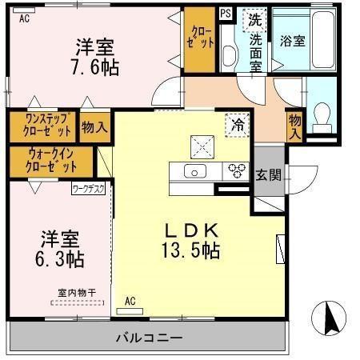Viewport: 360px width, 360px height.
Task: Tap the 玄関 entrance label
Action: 267,175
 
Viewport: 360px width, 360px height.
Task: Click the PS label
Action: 226,13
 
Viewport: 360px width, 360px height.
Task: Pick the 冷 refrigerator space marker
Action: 237,124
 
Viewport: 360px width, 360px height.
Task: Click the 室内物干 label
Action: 76,294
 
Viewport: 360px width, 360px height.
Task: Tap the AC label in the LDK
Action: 130,301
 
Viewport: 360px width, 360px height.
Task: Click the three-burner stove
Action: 236,169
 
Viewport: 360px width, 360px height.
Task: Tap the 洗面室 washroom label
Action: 255,53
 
